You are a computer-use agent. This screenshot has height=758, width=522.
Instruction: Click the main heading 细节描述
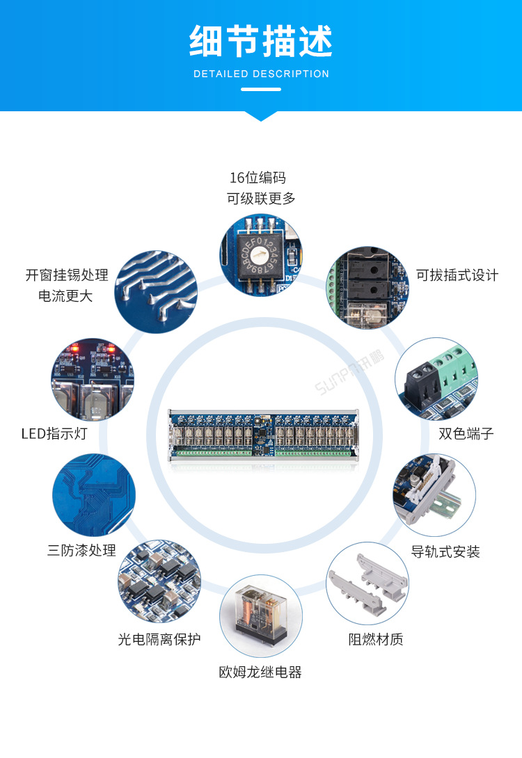[x=261, y=41]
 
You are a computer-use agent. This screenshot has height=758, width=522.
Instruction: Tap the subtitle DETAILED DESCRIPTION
[x=261, y=74]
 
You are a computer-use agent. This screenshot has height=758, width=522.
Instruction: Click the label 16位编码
[x=258, y=178]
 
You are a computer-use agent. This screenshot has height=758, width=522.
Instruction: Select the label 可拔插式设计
[x=457, y=275]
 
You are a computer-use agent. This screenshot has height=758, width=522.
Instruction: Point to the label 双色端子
[x=466, y=434]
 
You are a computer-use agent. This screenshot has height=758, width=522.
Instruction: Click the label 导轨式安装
[x=445, y=552]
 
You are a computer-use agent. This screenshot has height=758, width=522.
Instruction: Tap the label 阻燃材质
[x=376, y=640]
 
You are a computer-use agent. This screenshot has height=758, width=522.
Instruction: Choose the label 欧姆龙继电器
[x=260, y=672]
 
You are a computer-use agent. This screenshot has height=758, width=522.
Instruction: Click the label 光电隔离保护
[x=159, y=639]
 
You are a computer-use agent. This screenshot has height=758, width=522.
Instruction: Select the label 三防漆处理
[x=81, y=551]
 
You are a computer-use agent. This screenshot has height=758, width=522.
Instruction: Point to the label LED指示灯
[x=54, y=434]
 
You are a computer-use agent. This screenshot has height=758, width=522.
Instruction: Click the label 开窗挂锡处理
[x=67, y=275]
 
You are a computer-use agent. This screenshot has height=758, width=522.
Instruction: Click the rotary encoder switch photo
[x=261, y=255]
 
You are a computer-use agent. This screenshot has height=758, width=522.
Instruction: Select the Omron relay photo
[x=261, y=616]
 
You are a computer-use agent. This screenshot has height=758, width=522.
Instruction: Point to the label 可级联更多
[x=261, y=199]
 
